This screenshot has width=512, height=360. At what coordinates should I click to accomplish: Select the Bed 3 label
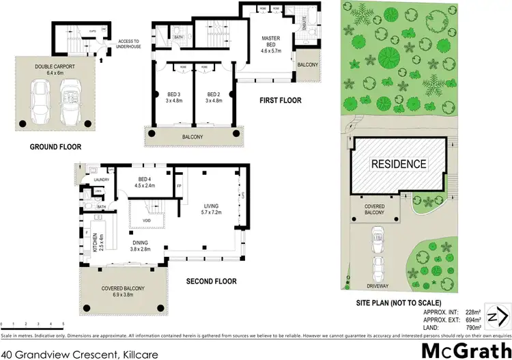(172, 98)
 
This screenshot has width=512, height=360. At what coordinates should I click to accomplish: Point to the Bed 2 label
(212, 98)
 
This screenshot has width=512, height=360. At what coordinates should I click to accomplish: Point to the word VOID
(146, 220)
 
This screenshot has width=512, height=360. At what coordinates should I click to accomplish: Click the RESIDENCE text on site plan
(398, 164)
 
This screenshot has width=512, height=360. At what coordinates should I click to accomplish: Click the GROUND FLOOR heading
(55, 146)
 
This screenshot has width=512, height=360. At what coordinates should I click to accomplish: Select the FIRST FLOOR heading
(280, 100)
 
